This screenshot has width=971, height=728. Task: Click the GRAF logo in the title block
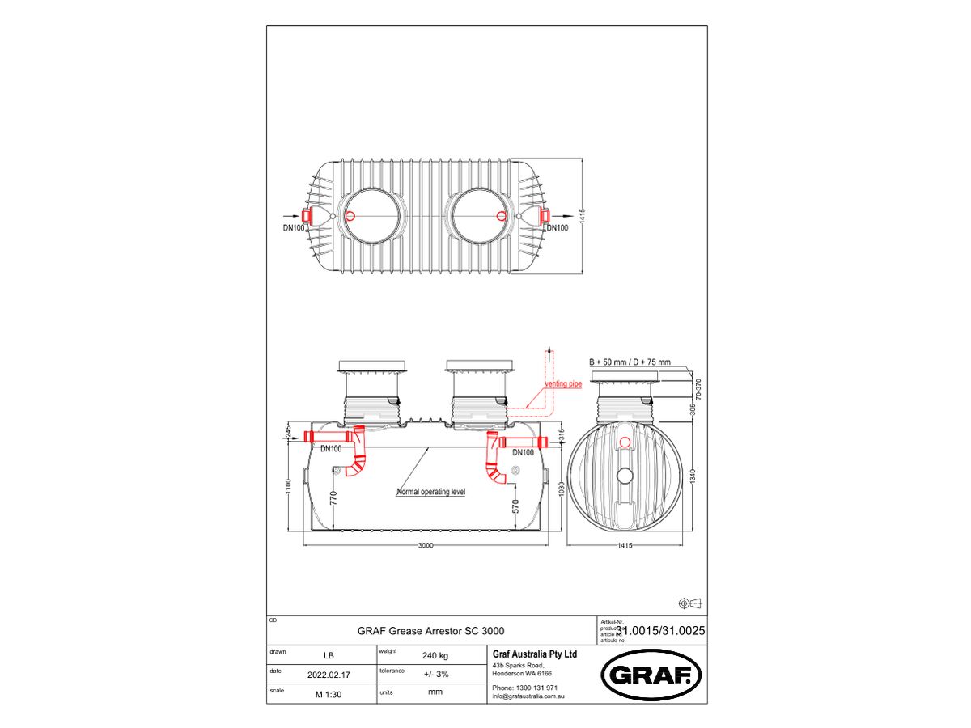tap(651, 675)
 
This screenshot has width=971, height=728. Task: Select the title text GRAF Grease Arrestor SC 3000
tap(433, 631)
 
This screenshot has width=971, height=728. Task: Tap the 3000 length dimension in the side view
tap(426, 545)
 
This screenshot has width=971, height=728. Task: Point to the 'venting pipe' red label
tap(563, 384)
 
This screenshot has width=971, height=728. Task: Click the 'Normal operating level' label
tap(430, 492)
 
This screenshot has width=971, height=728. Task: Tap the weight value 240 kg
tap(435, 655)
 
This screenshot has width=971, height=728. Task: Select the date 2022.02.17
tap(329, 675)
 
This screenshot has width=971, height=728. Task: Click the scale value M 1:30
tap(328, 694)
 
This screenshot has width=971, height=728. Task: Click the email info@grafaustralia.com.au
tap(528, 696)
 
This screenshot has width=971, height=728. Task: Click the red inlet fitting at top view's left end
tap(308, 216)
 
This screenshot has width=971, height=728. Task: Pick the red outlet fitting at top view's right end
tap(544, 216)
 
